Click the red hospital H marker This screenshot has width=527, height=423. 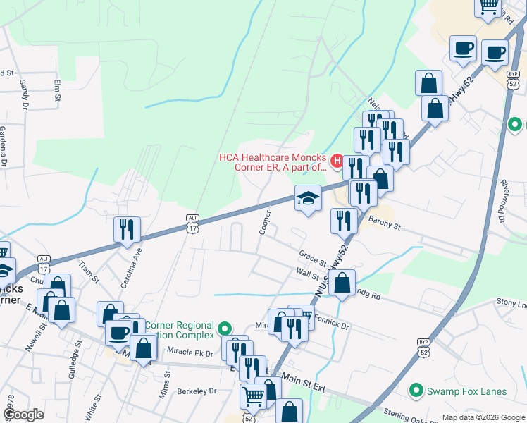point(337,161)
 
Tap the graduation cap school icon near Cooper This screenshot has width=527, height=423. point(308,198)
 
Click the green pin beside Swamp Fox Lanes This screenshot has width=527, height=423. point(416,389)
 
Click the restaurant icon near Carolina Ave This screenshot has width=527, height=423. point(128,229)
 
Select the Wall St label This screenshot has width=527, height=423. point(308,274)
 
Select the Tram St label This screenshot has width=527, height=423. point(87,271)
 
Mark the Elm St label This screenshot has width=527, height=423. point(58,90)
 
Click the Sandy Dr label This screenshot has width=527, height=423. point(24,94)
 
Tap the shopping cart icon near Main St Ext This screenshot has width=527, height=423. point(253,396)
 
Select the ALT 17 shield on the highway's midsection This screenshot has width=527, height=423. point(192,222)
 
